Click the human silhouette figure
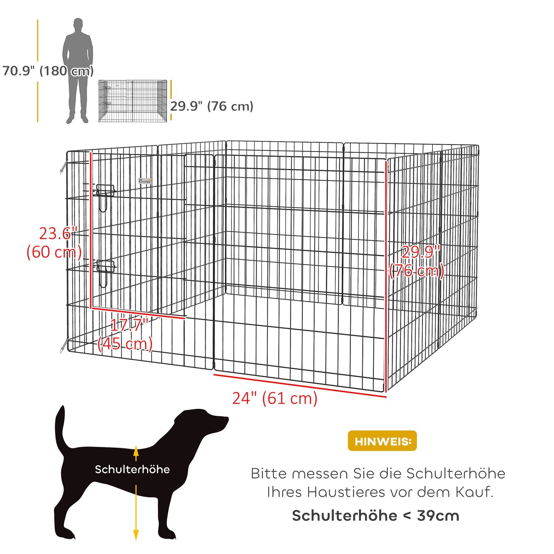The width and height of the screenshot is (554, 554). pyautogui.click(x=78, y=70)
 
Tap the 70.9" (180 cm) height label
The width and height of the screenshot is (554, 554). pyautogui.click(x=48, y=71)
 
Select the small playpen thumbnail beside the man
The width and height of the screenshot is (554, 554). pyautogui.click(x=133, y=100)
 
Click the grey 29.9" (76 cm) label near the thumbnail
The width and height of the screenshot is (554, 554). pyautogui.click(x=212, y=106)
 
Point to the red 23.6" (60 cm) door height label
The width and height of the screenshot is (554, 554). pyautogui.click(x=54, y=243)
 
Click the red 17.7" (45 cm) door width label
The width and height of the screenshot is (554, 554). pyautogui.click(x=126, y=335)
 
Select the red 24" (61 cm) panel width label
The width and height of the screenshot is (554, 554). pyautogui.click(x=275, y=398)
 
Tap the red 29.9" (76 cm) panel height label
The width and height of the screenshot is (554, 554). pyautogui.click(x=417, y=261)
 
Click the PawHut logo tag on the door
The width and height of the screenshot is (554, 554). pyautogui.click(x=145, y=181)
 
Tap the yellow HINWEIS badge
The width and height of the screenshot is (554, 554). pyautogui.click(x=382, y=441)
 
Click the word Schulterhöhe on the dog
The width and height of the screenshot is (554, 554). pyautogui.click(x=132, y=469)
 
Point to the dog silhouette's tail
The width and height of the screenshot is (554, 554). pyautogui.click(x=60, y=428)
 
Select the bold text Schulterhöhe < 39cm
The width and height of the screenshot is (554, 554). pyautogui.click(x=376, y=516)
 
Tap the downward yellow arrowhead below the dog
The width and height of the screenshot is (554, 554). pyautogui.click(x=136, y=535)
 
